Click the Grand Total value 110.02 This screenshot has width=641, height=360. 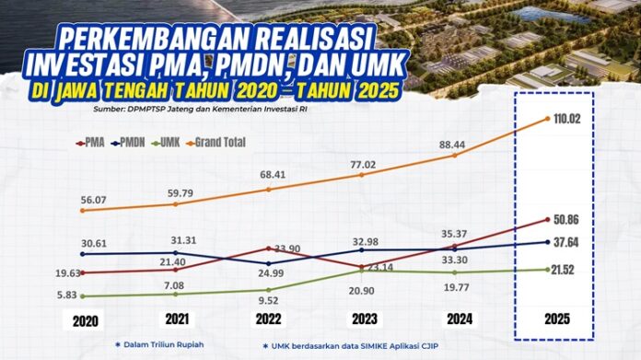[565, 118]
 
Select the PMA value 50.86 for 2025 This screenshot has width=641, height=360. [565, 221]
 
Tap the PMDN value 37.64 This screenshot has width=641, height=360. [565, 243]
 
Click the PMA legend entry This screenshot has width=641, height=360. [90, 143]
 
